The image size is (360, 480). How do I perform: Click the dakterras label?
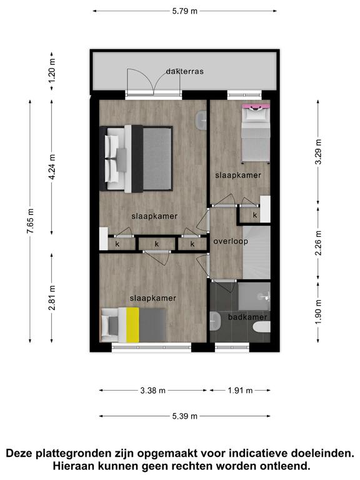coord(184,71)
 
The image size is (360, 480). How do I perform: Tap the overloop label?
coord(231,241)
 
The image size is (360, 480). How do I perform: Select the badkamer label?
coord(247,317)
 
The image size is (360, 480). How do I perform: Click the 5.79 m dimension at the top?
coord(184,11)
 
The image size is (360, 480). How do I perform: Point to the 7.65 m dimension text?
coord(30,221)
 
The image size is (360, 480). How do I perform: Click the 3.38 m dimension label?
coord(152,390)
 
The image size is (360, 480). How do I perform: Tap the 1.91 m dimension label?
coord(240,390)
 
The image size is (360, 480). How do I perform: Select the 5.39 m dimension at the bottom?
coord(184,416)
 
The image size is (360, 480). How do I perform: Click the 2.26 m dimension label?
coord(318,242)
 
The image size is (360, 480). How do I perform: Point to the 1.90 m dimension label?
coord(318,312)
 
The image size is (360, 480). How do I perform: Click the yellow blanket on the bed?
coord(132,325)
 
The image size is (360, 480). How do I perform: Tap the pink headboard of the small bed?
coord(256,106)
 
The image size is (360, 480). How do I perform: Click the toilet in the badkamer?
coord(262,327)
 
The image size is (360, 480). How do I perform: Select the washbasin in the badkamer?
coord(216,321)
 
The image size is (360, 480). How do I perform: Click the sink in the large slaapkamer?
coord(202,120)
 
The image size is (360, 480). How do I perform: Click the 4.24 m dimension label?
coord(52,167)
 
